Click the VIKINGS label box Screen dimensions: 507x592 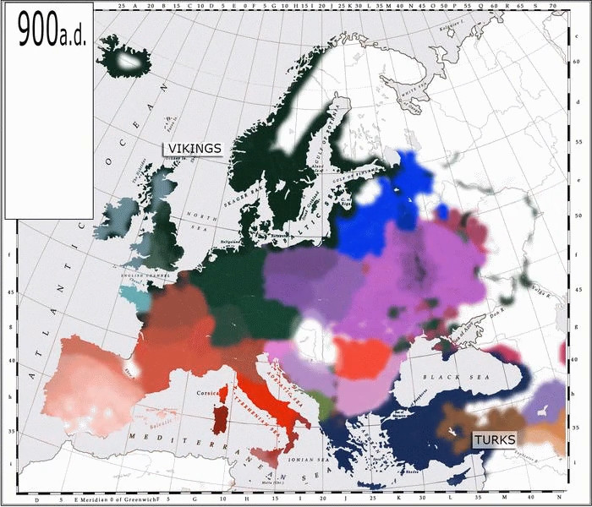click(x=194, y=149)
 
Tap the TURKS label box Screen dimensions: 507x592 click(x=494, y=439)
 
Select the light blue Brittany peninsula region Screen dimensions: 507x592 click(x=133, y=297)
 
